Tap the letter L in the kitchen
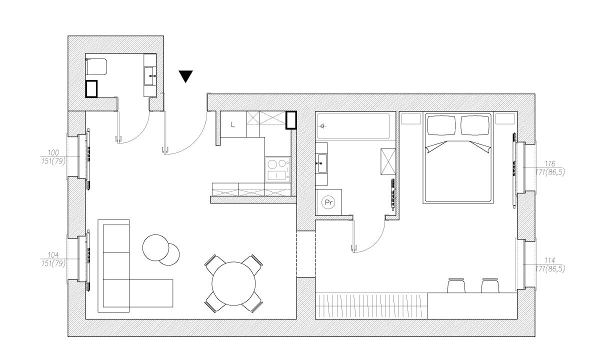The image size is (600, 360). [x=233, y=124]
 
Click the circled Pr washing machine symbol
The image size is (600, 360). [x=328, y=202]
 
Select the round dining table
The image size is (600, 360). [x=233, y=283]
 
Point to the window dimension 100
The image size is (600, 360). [x=53, y=153]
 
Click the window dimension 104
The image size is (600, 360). [x=53, y=255]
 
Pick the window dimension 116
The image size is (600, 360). [x=550, y=163]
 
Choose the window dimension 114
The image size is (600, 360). [x=550, y=260]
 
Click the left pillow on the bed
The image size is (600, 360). [x=441, y=125]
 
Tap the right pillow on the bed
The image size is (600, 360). [x=475, y=125]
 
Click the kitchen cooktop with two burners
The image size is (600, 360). [x=278, y=170]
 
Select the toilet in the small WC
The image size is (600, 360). [x=96, y=67]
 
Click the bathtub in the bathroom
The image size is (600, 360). [x=353, y=126]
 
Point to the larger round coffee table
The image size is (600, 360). [x=155, y=247]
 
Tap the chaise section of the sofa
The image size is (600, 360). [x=151, y=293]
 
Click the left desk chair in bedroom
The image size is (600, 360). [x=456, y=286]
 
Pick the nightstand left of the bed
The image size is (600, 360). [x=411, y=119]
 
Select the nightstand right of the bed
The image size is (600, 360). [x=505, y=119]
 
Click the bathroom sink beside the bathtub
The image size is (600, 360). [x=321, y=163]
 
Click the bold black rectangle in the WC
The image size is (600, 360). [x=91, y=88]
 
